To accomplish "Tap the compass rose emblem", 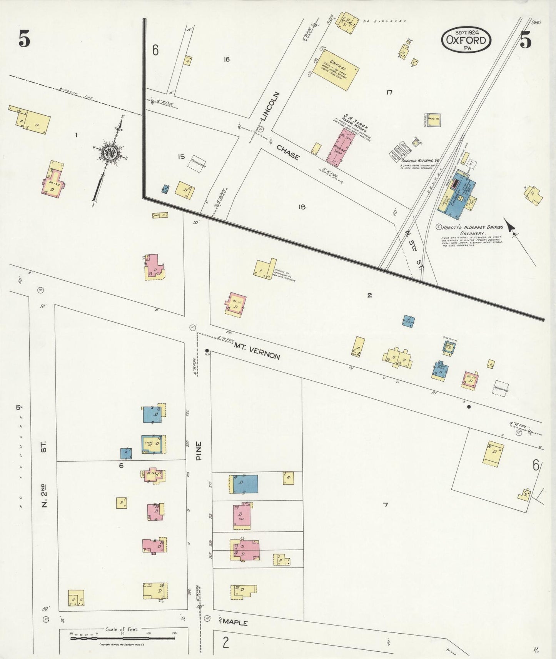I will pos(110,153).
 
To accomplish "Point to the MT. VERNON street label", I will pos(257,351).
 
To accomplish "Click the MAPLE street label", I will pos(235,622).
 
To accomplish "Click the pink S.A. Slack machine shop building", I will pos(341,148).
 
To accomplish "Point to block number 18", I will pos(302,207).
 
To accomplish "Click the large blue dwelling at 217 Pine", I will pos(245,484).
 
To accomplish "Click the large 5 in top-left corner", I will pos(24,39).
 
